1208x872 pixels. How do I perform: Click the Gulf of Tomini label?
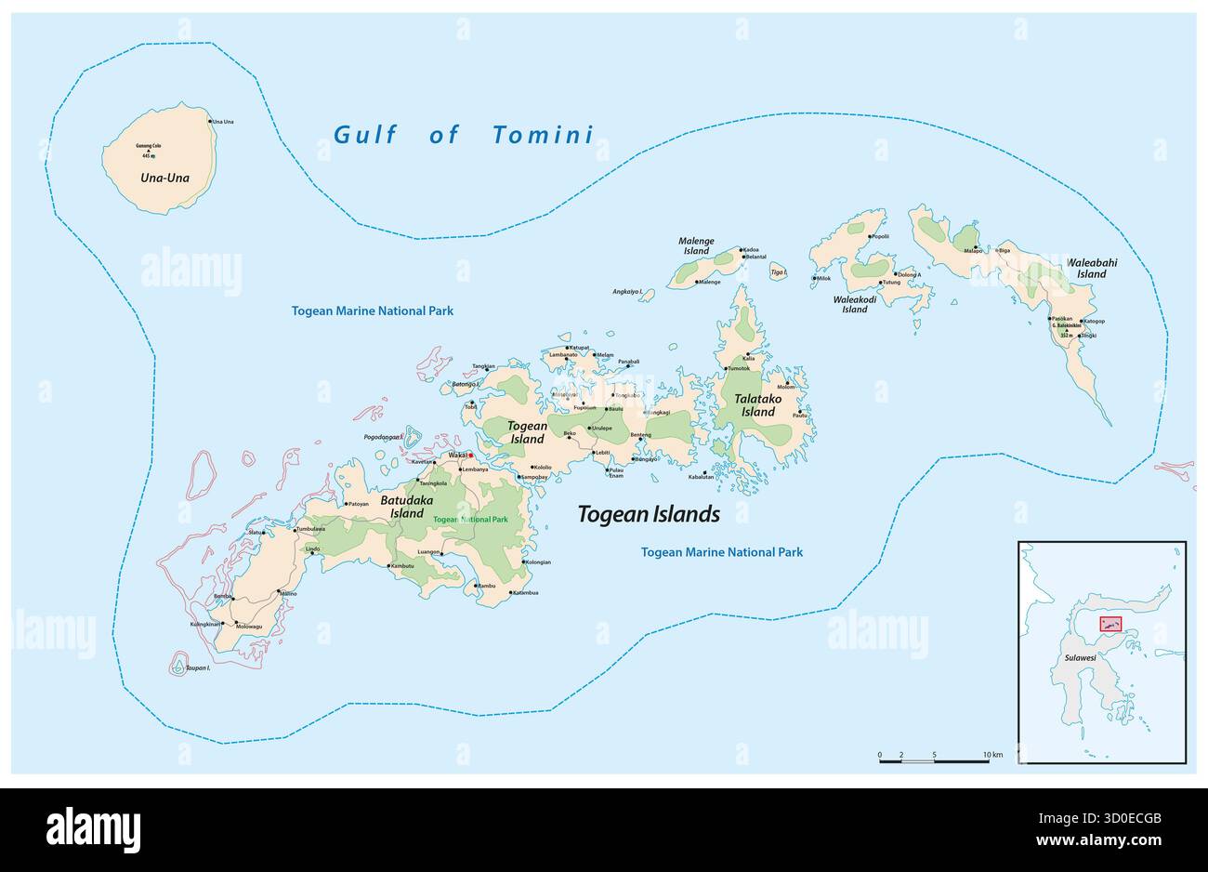click(x=463, y=135)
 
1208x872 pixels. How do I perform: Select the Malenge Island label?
click(x=698, y=246)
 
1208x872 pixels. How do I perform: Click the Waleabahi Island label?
click(x=1092, y=269)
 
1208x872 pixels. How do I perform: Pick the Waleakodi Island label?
click(x=854, y=304)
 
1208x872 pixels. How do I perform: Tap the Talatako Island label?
click(x=757, y=405)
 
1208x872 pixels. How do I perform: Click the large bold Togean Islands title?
click(x=649, y=514)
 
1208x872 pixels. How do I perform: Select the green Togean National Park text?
click(x=470, y=520)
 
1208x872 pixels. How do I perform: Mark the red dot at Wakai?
click(x=471, y=456)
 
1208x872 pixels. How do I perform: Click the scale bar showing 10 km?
click(x=934, y=760)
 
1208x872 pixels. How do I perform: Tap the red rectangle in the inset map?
click(x=1110, y=625)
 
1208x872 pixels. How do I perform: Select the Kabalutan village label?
click(x=701, y=477)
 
